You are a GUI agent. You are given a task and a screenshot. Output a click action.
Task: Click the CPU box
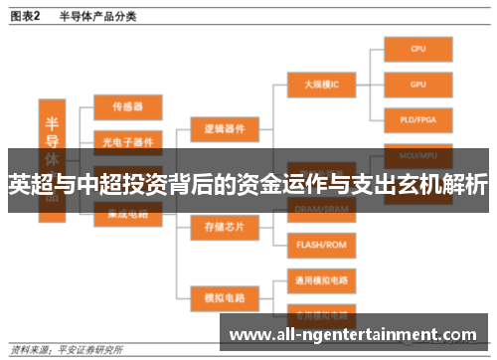(418, 48)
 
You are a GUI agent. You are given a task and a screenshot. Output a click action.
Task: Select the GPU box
(418, 85)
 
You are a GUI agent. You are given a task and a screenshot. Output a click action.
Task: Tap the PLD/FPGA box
(418, 120)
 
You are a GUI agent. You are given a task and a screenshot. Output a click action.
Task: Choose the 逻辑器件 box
(225, 129)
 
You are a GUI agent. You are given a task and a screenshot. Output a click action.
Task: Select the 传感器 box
(128, 105)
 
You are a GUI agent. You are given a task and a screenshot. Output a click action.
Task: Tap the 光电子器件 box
(128, 140)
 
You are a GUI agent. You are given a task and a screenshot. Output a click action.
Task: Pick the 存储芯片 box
(225, 227)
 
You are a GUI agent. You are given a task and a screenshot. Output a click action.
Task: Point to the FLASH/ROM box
(320, 243)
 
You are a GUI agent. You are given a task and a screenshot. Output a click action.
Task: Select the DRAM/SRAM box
(320, 207)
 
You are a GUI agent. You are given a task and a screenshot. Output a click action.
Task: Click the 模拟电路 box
(225, 295)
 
